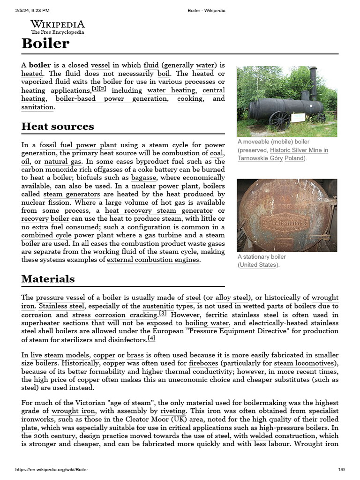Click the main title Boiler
tap(45, 44)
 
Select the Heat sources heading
tap(58, 127)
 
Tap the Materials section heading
tap(48, 279)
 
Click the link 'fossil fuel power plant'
tap(78, 145)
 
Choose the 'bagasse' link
tap(145, 178)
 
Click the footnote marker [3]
tap(163, 313)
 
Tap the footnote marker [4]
tap(151, 338)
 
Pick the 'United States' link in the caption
tap(258, 265)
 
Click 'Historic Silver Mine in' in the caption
tap(299, 150)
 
